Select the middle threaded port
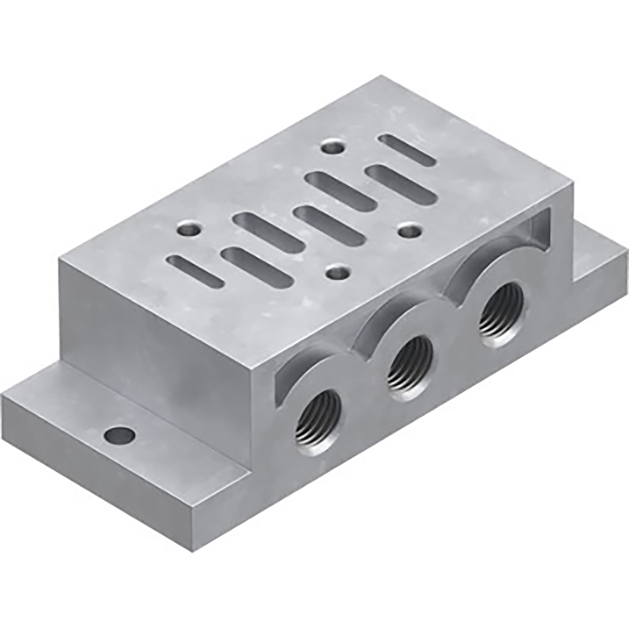pyautogui.click(x=410, y=361)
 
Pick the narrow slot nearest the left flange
pyautogui.click(x=196, y=271)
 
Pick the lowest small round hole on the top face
pyautogui.click(x=335, y=272)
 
